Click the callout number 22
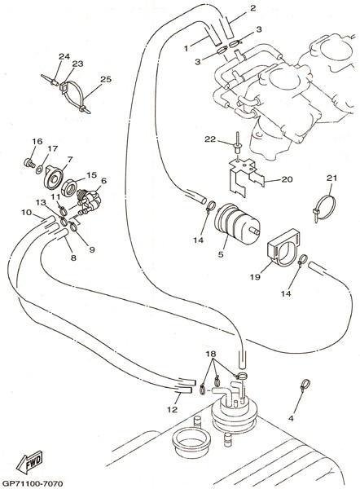210,139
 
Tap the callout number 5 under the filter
221,254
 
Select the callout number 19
255,276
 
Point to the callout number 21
331,178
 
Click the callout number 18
211,354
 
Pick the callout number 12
172,409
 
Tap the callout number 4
291,418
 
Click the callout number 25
106,79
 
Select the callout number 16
37,141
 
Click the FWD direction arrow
29,461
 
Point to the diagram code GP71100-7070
32,483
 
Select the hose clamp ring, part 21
325,207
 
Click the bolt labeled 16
29,163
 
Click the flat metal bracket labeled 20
246,178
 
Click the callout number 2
252,8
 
